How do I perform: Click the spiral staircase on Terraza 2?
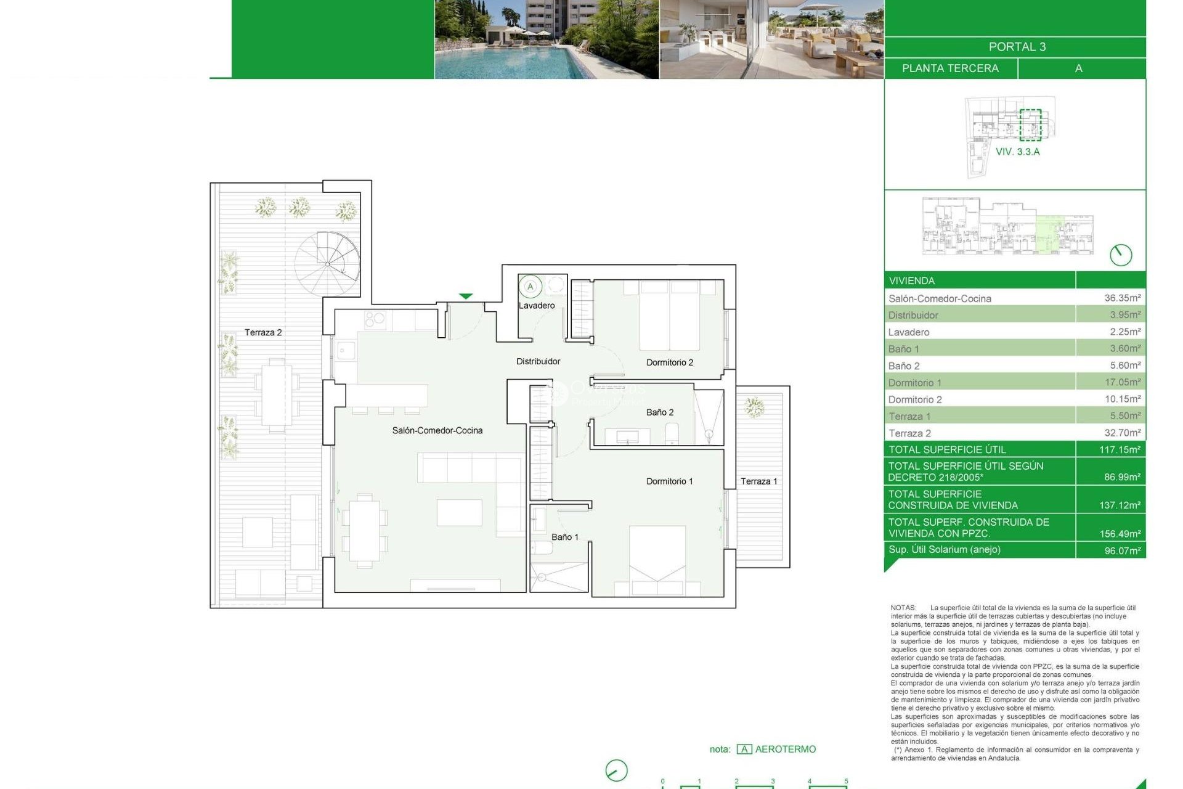(327, 263)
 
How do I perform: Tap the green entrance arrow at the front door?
(466, 296)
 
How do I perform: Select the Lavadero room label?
(536, 306)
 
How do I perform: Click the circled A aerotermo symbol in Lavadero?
(530, 287)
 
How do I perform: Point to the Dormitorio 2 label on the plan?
(669, 362)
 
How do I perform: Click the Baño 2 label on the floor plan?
(659, 412)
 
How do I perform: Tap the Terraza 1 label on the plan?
(758, 481)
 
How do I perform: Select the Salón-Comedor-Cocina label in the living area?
(437, 430)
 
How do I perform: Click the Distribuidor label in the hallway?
(538, 361)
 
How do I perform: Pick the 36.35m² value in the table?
(1122, 298)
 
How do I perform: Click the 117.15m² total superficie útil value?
(1120, 449)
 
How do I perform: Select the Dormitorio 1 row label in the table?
(914, 383)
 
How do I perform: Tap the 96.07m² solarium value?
(1122, 550)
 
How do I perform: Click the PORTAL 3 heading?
(1017, 47)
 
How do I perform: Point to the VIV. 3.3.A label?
(1017, 152)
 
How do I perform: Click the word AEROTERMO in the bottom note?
(785, 749)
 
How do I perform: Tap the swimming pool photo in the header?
(547, 39)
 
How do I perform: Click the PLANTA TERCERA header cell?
(950, 68)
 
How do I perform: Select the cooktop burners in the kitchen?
(375, 319)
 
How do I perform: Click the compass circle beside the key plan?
(1120, 255)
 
